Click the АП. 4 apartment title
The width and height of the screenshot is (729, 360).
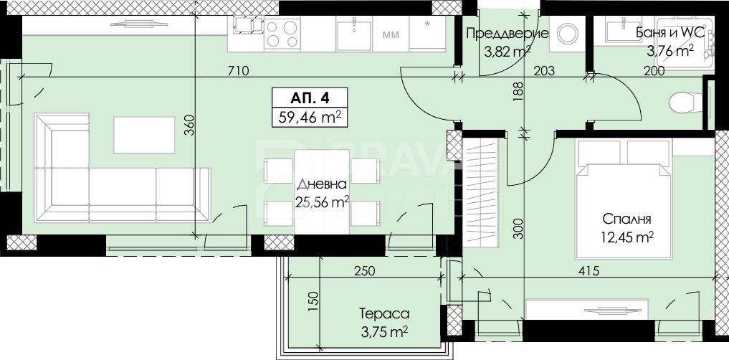pyautogui.click(x=309, y=98)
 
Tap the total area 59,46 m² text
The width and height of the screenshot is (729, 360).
pyautogui.click(x=310, y=117)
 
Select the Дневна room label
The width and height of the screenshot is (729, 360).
pyautogui.click(x=322, y=184)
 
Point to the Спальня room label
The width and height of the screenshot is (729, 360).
pyautogui.click(x=626, y=219)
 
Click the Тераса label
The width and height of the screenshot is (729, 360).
pyautogui.click(x=384, y=314)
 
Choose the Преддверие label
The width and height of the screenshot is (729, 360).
pyautogui.click(x=507, y=33)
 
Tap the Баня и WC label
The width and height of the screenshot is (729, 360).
pyautogui.click(x=670, y=33)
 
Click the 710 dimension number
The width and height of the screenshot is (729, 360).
pyautogui.click(x=239, y=71)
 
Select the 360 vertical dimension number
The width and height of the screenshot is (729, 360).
pyautogui.click(x=189, y=125)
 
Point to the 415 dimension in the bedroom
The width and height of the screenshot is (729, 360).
pyautogui.click(x=586, y=270)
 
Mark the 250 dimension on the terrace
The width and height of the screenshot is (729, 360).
pyautogui.click(x=364, y=270)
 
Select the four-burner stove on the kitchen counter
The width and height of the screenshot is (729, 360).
pyautogui.click(x=282, y=34)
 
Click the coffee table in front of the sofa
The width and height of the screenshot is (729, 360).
pyautogui.click(x=145, y=135)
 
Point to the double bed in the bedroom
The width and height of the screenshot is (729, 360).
pyautogui.click(x=624, y=199)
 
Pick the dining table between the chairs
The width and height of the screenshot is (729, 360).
pyautogui.click(x=322, y=191)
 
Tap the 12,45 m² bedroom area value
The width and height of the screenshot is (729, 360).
pyautogui.click(x=627, y=237)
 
